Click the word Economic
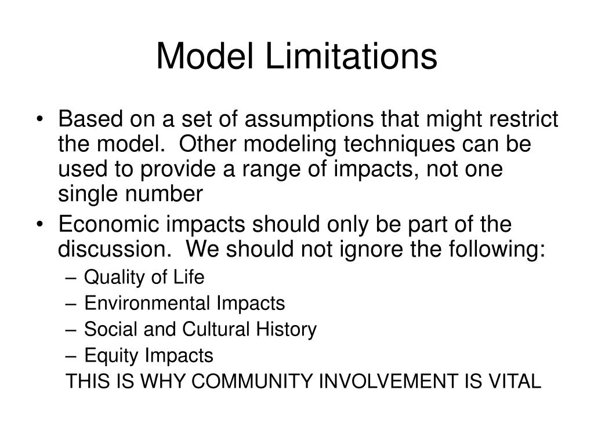click(103, 224)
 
